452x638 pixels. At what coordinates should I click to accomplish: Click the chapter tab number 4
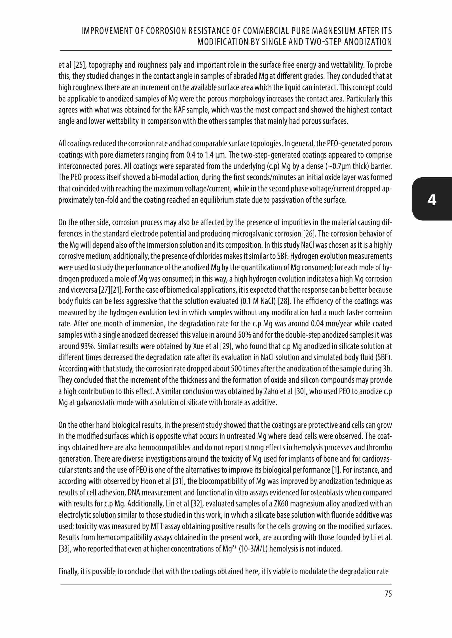point(432,200)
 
